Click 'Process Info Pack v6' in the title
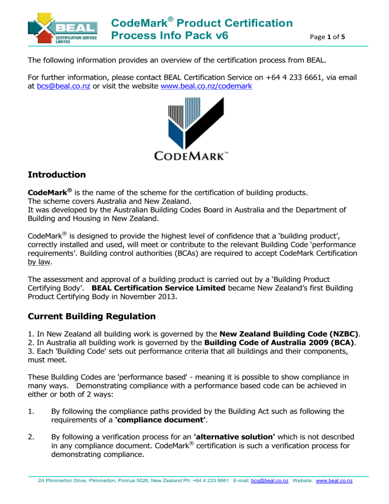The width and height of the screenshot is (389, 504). click(169, 36)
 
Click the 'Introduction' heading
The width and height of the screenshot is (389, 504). click(57, 175)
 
